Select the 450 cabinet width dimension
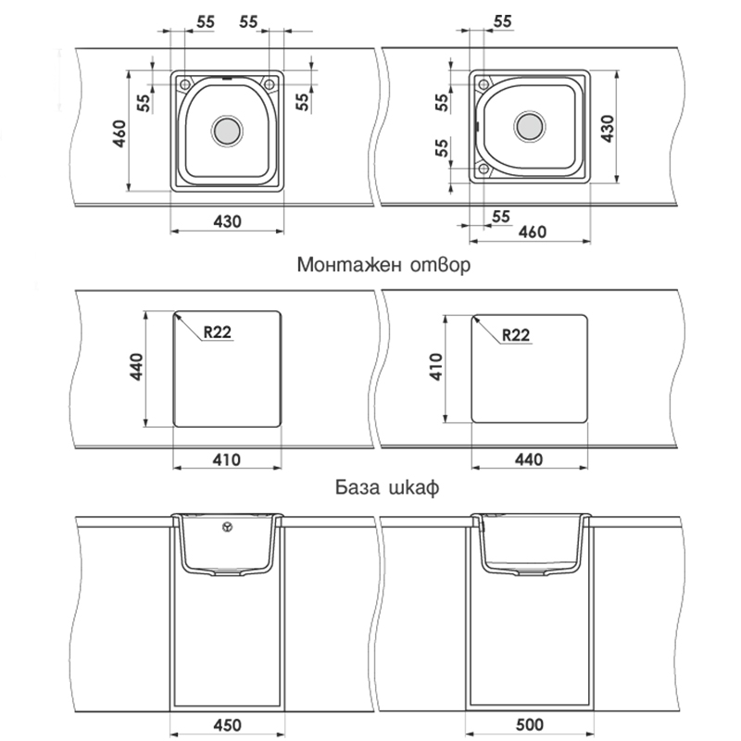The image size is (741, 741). tap(227, 724)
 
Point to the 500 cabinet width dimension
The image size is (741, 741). tap(529, 724)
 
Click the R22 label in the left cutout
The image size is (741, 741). tap(218, 333)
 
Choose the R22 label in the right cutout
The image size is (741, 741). tap(516, 335)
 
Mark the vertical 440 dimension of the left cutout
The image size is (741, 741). tap(136, 367)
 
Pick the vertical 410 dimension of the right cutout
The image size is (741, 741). tap(435, 367)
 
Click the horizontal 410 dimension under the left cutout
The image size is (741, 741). tap(226, 459)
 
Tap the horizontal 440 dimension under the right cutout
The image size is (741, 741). tap(529, 459)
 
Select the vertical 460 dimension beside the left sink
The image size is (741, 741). tap(120, 133)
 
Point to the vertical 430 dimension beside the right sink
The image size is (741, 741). tap(608, 129)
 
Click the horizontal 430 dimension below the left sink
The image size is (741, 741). tap(227, 221)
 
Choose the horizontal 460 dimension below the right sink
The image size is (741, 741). tap(533, 232)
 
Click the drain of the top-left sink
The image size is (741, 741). tap(227, 130)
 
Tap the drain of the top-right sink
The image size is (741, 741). tap(529, 127)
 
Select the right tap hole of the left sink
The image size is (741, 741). tap(269, 84)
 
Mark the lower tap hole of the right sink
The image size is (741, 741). tap(484, 168)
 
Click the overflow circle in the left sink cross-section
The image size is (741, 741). tap(227, 526)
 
